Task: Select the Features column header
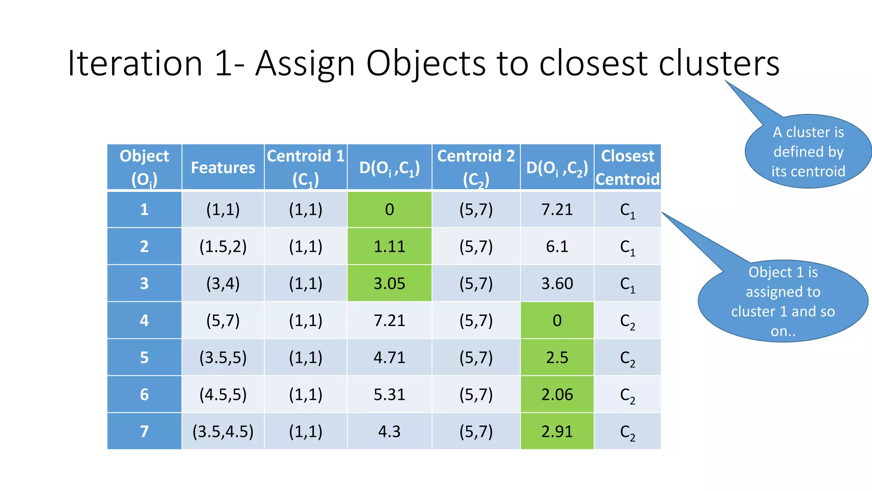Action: click(x=223, y=167)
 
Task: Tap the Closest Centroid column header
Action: click(x=627, y=167)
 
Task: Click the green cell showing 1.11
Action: click(x=389, y=246)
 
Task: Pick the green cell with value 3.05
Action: click(x=389, y=283)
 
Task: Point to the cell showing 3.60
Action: click(x=557, y=283)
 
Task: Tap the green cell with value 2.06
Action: click(x=557, y=394)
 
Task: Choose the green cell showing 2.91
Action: click(x=557, y=431)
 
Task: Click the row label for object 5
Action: click(x=144, y=357)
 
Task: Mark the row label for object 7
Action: click(x=144, y=431)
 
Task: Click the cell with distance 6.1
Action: click(x=557, y=246)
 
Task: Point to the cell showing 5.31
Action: click(x=389, y=394)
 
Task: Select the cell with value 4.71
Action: click(x=389, y=357)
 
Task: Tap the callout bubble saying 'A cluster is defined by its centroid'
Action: click(x=808, y=151)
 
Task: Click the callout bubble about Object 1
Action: click(x=783, y=301)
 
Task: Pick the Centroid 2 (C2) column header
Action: click(x=476, y=167)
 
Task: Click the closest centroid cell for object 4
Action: click(x=627, y=321)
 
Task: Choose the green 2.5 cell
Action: click(x=557, y=357)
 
